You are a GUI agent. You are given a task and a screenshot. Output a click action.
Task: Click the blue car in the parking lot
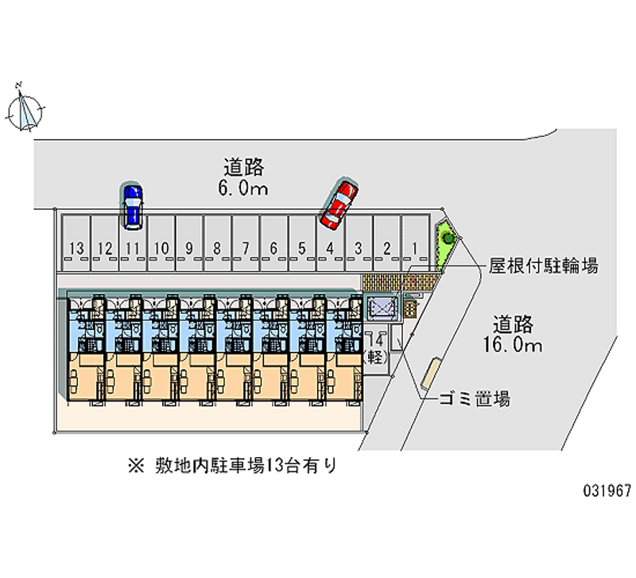click(132, 204)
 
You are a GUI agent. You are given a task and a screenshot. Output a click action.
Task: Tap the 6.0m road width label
click(243, 177)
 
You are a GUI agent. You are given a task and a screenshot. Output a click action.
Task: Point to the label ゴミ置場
click(475, 399)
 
